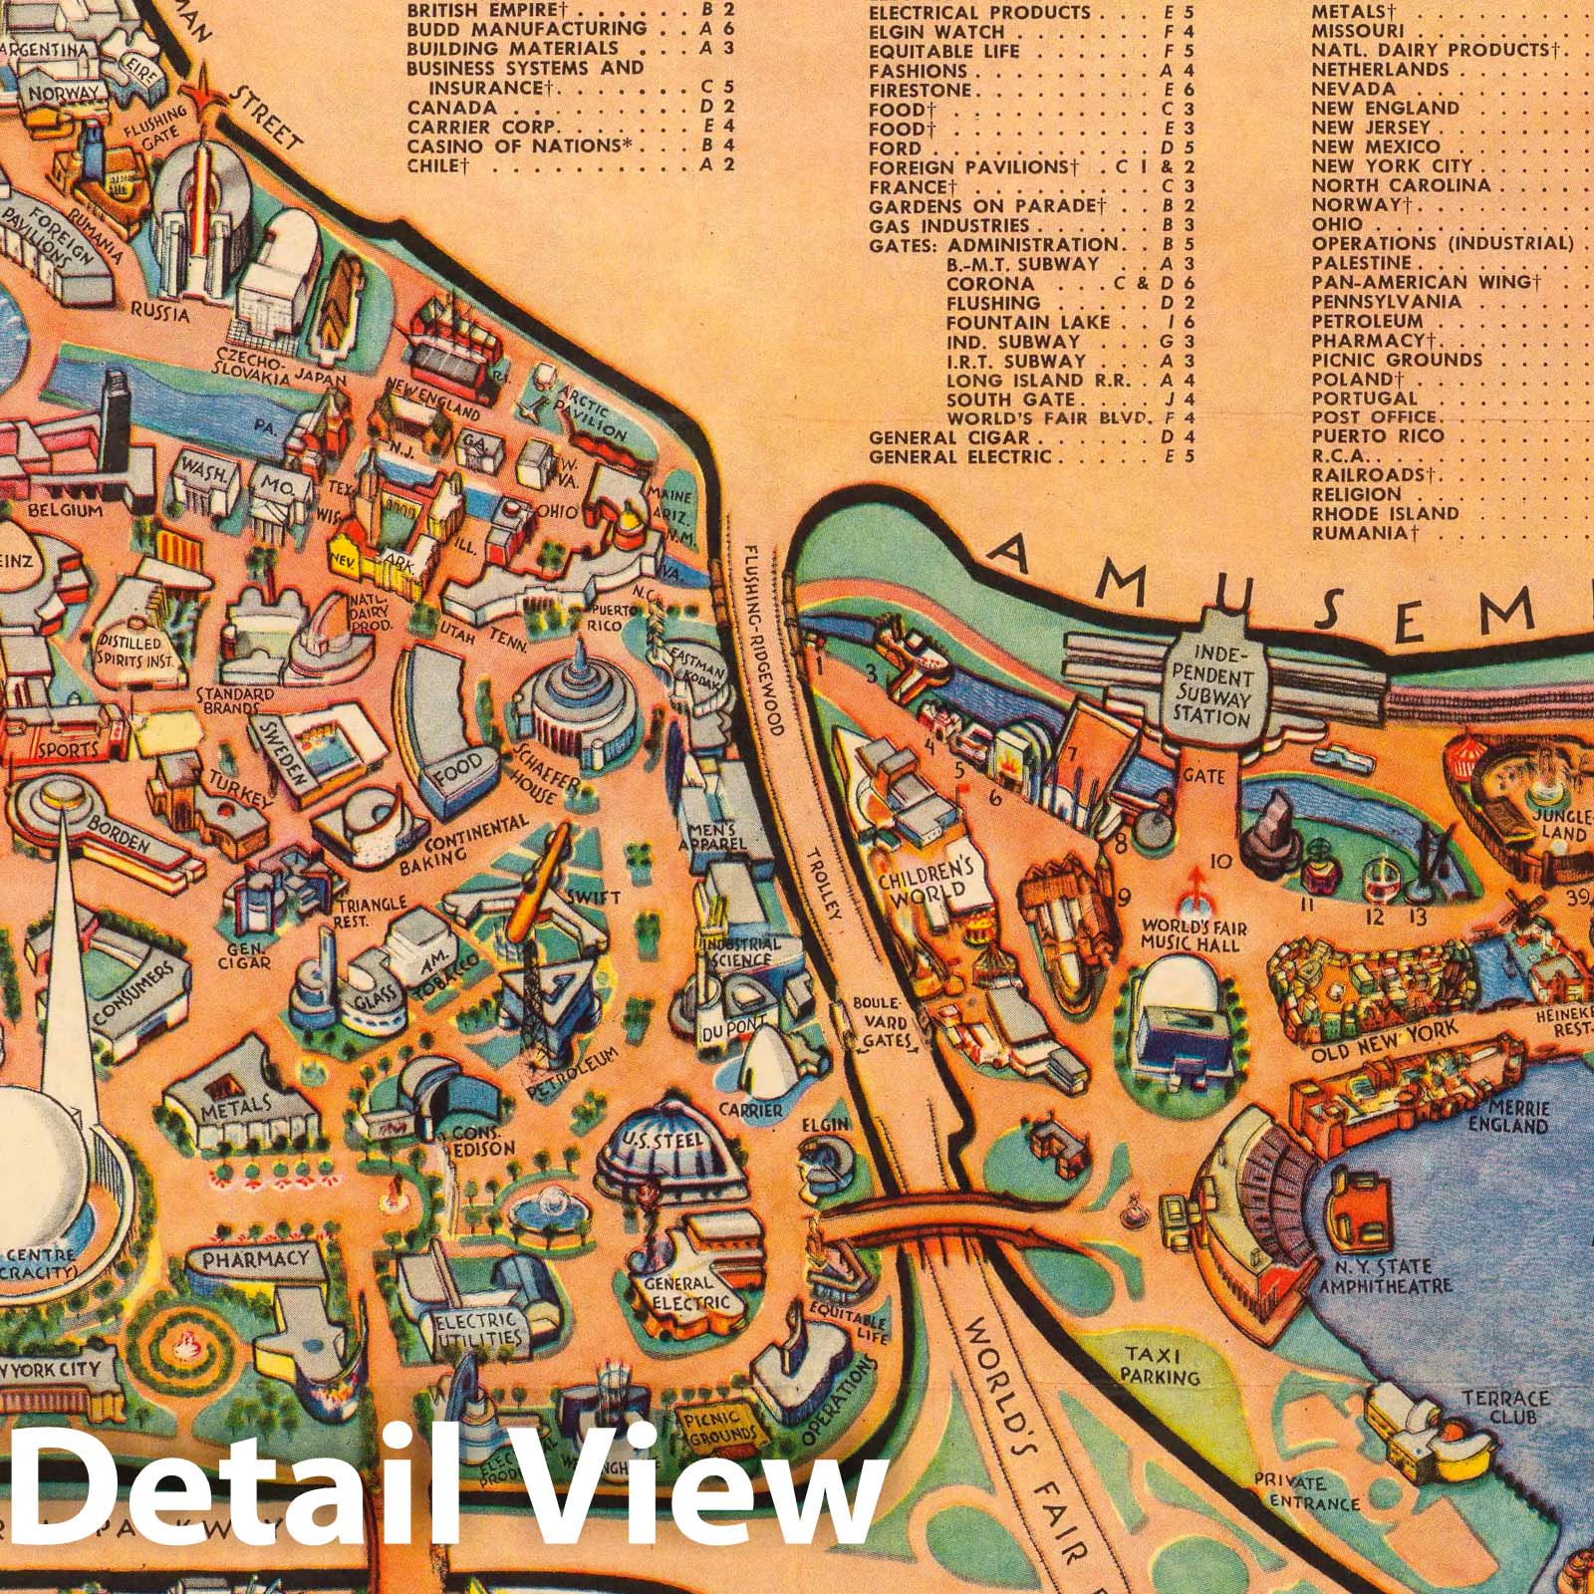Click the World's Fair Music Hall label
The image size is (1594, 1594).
1194,934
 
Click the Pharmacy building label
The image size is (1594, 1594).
255,1258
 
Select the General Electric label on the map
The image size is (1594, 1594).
678,1293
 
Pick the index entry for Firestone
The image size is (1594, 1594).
919,90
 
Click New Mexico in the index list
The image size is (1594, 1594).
1376,146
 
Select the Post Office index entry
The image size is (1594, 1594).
1374,416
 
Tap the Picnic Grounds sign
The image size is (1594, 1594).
718,1428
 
